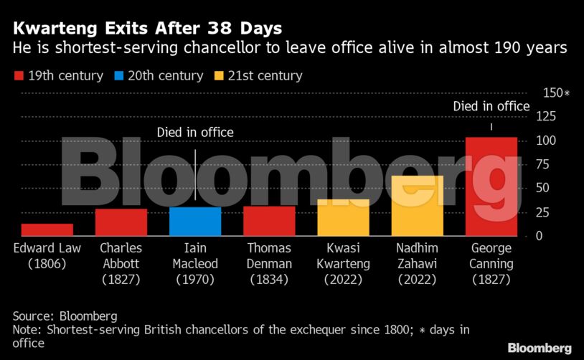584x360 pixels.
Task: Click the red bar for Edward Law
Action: (47, 229)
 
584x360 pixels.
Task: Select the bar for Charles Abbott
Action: (121, 222)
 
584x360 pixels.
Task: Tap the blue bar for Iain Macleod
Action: (195, 222)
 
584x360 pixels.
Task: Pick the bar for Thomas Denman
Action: (269, 221)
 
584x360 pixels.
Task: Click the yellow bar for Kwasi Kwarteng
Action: (343, 217)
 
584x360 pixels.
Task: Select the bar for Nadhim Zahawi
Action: (418, 206)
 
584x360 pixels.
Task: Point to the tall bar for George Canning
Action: (491, 186)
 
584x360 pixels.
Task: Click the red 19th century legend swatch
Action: (19, 76)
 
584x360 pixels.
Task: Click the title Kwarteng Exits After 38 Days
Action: (147, 29)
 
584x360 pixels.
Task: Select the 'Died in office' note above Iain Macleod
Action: (195, 133)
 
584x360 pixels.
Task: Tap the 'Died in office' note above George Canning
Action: (491, 107)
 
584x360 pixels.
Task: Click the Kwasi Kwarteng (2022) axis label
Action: (343, 264)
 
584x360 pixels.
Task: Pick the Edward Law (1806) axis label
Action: (47, 256)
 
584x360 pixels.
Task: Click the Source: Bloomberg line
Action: (65, 316)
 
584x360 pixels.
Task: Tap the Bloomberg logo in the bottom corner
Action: (540, 348)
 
